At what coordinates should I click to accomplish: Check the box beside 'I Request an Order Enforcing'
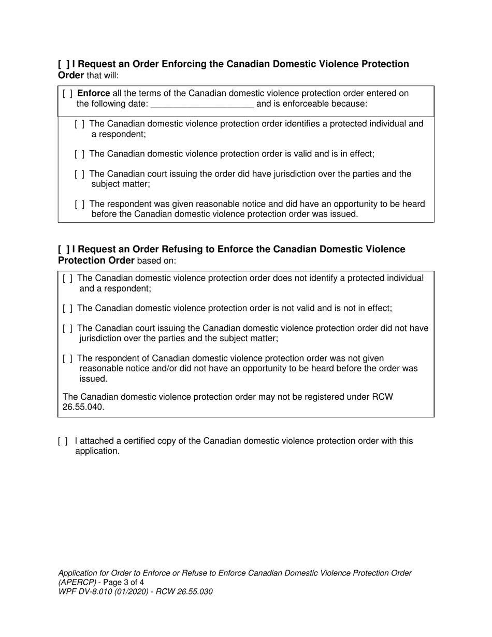(x=64, y=64)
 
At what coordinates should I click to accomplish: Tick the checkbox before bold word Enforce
(x=67, y=94)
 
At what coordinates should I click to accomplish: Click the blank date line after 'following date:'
(x=202, y=104)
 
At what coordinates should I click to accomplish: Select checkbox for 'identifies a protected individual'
(x=80, y=124)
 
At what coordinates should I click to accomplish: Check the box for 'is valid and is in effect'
(x=80, y=154)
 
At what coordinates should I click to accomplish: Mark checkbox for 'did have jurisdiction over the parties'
(x=80, y=174)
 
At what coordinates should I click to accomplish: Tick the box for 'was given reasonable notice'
(x=80, y=205)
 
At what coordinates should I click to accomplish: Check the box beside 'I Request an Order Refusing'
(x=64, y=250)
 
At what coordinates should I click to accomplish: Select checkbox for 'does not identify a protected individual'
(x=67, y=279)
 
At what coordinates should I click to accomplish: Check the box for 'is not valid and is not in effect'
(x=67, y=309)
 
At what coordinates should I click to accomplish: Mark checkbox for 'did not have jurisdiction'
(x=67, y=329)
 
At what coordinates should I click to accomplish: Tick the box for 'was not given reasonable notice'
(x=67, y=359)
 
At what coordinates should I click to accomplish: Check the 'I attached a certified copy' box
(x=63, y=441)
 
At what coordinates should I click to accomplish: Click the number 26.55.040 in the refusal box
(x=83, y=408)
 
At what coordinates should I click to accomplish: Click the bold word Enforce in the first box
(x=93, y=94)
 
